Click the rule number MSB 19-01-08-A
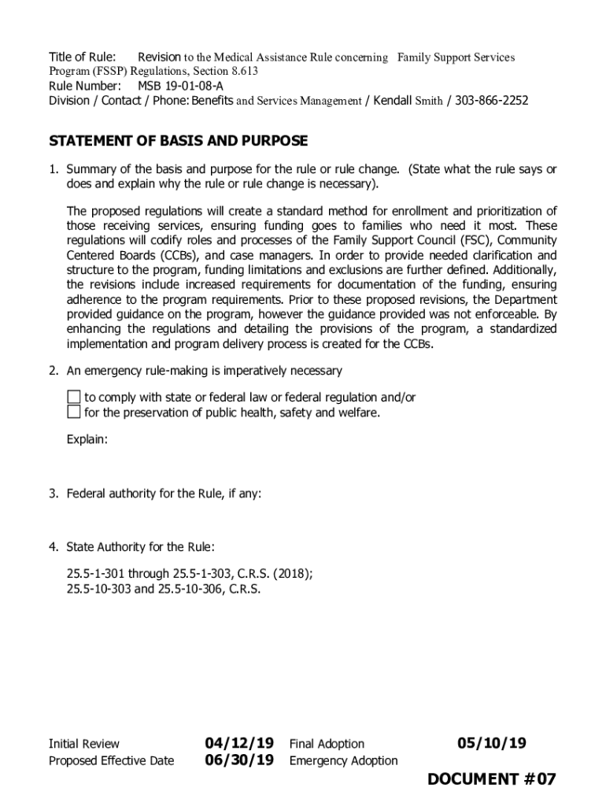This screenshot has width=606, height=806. click(x=180, y=86)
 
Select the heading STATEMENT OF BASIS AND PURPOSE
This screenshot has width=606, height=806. click(x=178, y=142)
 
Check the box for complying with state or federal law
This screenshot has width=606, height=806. click(x=73, y=397)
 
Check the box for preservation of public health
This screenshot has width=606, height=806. click(x=73, y=412)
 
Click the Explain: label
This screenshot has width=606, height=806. click(x=87, y=439)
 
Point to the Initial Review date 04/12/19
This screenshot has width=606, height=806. click(x=239, y=744)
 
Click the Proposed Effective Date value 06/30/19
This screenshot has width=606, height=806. click(x=239, y=760)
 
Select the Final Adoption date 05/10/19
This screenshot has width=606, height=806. click(x=492, y=744)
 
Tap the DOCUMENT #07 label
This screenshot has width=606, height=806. click(x=492, y=780)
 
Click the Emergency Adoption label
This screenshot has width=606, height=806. click(x=344, y=761)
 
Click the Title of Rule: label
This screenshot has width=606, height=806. click(x=83, y=57)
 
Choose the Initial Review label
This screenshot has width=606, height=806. click(x=84, y=744)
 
